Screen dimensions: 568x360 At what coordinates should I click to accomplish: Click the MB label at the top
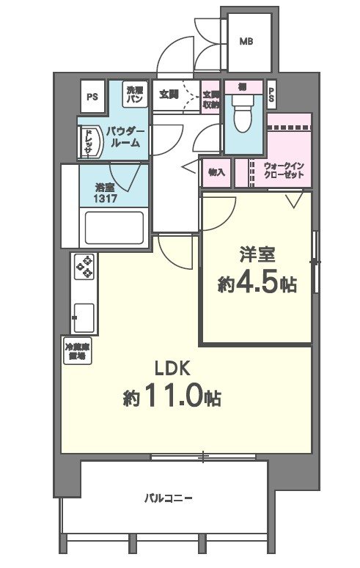pyautogui.click(x=246, y=42)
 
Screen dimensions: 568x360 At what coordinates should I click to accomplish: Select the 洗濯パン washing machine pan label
pyautogui.click(x=134, y=94)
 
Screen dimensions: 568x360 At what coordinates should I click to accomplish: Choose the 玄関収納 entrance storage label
pyautogui.click(x=211, y=98)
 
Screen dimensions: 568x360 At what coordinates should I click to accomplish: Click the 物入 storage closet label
pyautogui.click(x=216, y=173)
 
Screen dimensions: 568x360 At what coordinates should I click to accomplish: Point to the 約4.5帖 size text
pyautogui.click(x=257, y=284)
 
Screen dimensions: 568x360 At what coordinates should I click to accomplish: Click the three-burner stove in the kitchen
pyautogui.click(x=85, y=267)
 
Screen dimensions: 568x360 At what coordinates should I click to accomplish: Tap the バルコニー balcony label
pyautogui.click(x=168, y=498)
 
